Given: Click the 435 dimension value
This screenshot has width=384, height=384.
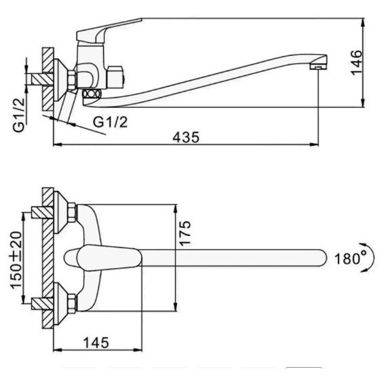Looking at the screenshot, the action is pyautogui.click(x=186, y=137).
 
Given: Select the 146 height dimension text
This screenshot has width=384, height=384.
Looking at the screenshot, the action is pyautogui.click(x=356, y=62).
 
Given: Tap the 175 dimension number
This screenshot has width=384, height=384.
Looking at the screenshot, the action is pyautogui.click(x=185, y=233).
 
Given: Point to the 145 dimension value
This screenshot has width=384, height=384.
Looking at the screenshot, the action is pyautogui.click(x=96, y=343).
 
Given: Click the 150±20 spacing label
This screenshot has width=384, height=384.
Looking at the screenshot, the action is pyautogui.click(x=16, y=260).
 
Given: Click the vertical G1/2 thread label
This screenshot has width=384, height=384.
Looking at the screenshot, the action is pyautogui.click(x=19, y=115).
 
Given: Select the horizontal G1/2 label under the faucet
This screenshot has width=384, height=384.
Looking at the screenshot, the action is pyautogui.click(x=111, y=122).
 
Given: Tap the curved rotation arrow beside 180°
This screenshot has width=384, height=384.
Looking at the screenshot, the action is pyautogui.click(x=370, y=257).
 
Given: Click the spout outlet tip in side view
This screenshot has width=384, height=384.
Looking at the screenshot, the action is pyautogui.click(x=318, y=66).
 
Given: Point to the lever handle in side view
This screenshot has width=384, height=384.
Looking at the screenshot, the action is pyautogui.click(x=108, y=31).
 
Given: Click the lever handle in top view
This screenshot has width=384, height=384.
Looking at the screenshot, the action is pyautogui.click(x=102, y=257).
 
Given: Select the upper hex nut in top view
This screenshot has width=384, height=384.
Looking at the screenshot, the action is pyautogui.click(x=71, y=212).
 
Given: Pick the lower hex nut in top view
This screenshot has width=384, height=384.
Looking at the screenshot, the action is pyautogui.click(x=71, y=304).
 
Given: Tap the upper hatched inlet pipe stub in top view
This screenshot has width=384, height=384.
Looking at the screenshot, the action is pyautogui.click(x=42, y=212).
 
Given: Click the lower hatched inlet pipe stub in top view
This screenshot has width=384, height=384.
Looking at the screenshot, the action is pyautogui.click(x=42, y=304).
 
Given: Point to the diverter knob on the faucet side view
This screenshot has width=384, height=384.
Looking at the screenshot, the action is pyautogui.click(x=115, y=77).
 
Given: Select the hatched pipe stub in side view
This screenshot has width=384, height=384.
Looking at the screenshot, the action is pyautogui.click(x=42, y=79).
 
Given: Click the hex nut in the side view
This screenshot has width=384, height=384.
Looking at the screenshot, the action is pyautogui.click(x=72, y=80).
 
